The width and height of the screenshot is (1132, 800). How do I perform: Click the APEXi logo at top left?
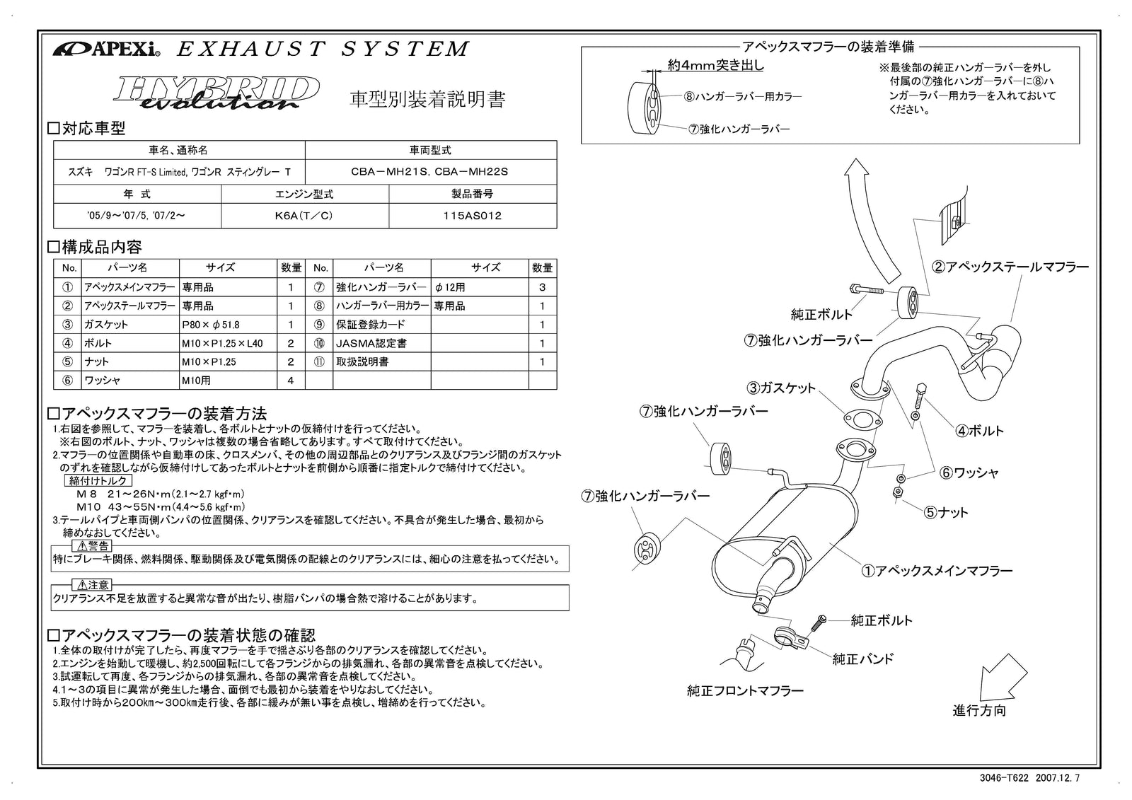tap(106, 50)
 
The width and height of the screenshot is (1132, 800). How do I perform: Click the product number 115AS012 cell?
tap(472, 216)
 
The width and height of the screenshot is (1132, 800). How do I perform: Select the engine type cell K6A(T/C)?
tap(304, 216)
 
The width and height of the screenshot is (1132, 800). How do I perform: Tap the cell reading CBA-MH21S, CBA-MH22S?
tap(430, 172)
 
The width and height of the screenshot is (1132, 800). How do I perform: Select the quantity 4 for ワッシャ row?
tap(291, 381)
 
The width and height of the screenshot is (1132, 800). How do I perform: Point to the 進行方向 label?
tap(978, 710)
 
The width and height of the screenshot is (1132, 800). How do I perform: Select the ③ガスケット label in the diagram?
tap(781, 388)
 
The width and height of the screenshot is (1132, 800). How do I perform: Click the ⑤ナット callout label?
tap(946, 512)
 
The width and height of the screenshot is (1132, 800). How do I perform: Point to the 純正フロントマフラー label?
tap(745, 690)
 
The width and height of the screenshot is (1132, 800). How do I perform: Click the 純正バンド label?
tap(862, 659)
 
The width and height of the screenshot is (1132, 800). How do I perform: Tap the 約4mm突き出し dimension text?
tap(715, 65)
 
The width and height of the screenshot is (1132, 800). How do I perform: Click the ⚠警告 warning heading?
tap(93, 545)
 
